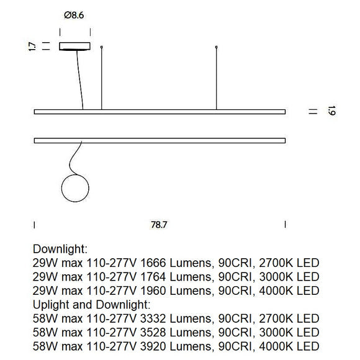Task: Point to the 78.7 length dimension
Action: pyautogui.click(x=160, y=225)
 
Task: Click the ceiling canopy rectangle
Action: pyautogui.click(x=74, y=46)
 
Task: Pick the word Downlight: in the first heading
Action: pyautogui.click(x=61, y=248)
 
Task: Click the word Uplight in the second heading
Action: pyautogui.click(x=52, y=304)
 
